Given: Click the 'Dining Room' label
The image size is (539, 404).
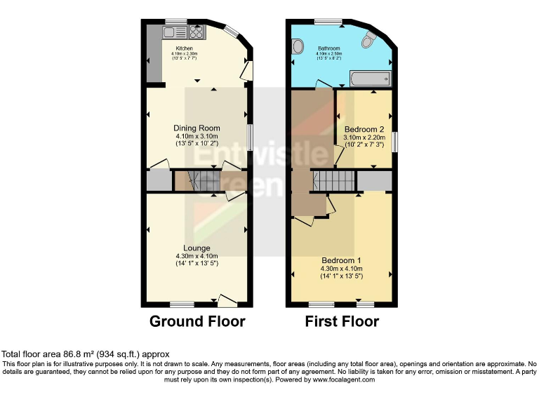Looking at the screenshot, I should (197, 128).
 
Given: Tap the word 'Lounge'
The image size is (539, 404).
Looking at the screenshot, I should (197, 248).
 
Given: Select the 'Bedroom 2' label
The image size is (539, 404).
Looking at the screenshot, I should (364, 129).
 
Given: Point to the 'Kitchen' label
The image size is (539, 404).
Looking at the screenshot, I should (185, 48).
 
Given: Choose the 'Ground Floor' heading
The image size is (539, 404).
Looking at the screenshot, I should (197, 322).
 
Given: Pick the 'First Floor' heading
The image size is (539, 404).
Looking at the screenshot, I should (342, 322).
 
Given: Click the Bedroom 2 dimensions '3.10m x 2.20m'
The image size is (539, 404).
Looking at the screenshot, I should (364, 137).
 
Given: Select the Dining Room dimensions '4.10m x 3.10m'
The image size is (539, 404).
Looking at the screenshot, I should (197, 136).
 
